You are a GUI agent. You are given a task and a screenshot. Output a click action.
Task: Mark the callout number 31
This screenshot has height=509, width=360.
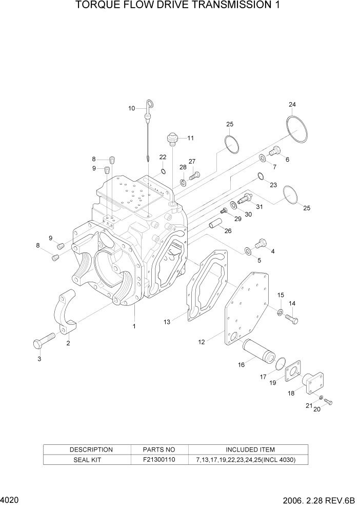point(259,207)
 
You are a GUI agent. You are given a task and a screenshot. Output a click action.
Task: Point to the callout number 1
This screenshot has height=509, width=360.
point(134,326)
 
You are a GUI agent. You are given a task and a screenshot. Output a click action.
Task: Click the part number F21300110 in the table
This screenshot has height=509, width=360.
point(159,460)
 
